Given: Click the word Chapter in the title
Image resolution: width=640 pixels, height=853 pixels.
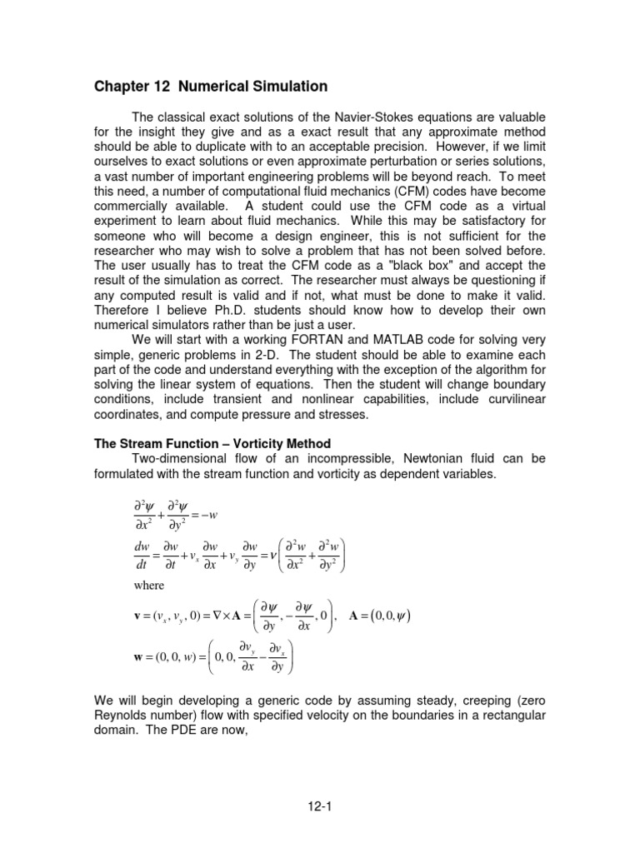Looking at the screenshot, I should point(122,87).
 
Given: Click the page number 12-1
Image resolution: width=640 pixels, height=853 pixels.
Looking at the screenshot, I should point(319,806).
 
